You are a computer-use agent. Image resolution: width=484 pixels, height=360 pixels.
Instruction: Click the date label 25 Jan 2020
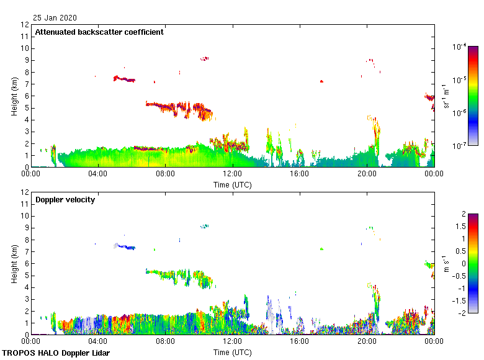coord(55,17)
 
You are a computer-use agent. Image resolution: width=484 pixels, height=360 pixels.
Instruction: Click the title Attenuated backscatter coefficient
coord(99,32)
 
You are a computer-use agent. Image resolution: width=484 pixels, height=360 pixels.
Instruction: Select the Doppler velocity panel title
coord(65,200)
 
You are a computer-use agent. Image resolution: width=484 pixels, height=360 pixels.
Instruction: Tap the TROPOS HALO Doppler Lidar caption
coord(54,353)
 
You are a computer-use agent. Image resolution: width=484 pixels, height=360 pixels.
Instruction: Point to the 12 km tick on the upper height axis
coord(25,25)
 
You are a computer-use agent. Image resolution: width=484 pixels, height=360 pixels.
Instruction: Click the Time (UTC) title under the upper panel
coord(233,184)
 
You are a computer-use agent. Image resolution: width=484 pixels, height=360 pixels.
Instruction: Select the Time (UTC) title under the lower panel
coord(233,352)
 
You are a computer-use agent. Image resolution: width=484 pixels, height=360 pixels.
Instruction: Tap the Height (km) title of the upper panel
coord(14,96)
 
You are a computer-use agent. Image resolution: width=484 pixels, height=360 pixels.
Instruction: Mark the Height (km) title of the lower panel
coord(14,264)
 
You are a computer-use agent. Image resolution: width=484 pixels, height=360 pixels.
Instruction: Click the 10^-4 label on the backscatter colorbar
coord(460,47)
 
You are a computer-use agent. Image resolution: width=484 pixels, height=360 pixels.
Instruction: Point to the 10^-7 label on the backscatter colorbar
coord(460,145)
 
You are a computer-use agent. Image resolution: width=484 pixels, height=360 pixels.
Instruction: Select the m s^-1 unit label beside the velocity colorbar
coord(445,264)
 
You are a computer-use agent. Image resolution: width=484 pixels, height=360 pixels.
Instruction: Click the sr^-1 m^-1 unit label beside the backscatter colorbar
coord(446,96)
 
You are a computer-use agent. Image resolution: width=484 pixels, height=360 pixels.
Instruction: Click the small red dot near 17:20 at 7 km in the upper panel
coord(321,81)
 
